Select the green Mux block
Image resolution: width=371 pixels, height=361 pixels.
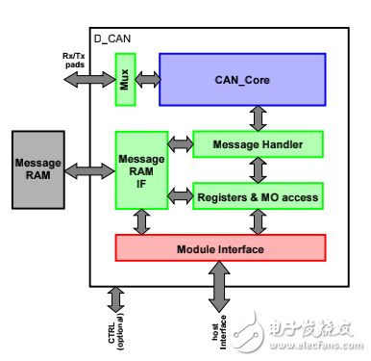coord(125,79)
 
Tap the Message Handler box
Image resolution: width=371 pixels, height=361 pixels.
coord(257,144)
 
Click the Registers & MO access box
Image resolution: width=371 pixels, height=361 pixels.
coord(257,196)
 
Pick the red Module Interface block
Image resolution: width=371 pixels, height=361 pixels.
coord(221,247)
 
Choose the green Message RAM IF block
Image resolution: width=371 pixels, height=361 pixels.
coord(141,171)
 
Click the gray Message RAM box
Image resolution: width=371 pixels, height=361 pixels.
coord(37,171)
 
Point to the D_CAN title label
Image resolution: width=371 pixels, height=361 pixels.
coord(113,39)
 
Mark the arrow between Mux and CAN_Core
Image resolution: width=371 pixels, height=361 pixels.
coord(147,79)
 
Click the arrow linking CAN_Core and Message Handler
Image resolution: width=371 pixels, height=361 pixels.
coord(257,118)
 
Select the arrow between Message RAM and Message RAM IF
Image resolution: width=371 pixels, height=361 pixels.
coord(92,171)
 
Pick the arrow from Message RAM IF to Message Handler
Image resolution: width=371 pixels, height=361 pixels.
coord(181,144)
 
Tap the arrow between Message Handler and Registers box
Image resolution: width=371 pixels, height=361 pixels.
coord(257,170)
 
